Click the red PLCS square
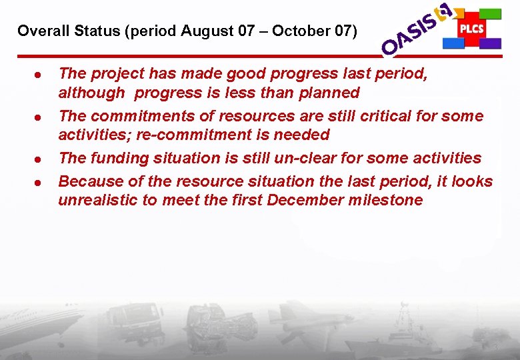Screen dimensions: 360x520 [x=471, y=29]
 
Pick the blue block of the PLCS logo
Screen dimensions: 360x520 [x=453, y=43]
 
